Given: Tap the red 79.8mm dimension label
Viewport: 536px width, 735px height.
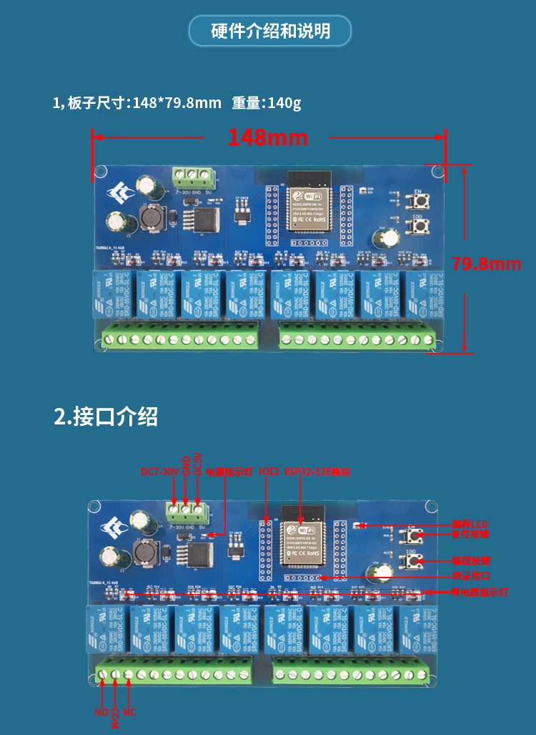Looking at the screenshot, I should pos(486,264).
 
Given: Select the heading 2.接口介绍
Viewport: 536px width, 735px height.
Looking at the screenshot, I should pos(106,417).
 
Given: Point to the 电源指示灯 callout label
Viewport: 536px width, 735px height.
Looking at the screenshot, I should pos(229,472).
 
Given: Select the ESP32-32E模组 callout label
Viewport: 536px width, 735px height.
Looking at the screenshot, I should pos(317,472).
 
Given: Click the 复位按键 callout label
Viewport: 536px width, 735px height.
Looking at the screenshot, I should pos(470,534).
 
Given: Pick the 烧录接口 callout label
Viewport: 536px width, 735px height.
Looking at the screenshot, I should pos(470,576).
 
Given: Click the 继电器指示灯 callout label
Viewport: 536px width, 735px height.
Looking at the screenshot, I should pos(479,593).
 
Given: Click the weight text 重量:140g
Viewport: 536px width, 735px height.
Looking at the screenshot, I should pos(266,103).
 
